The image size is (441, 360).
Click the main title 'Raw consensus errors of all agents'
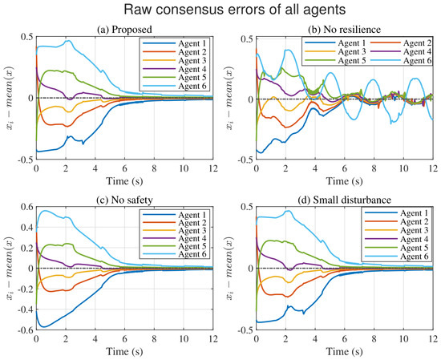tap(235, 10)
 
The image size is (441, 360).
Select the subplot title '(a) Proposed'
tap(124, 29)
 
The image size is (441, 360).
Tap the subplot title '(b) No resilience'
tap(344, 29)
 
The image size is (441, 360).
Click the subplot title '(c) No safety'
tap(124, 200)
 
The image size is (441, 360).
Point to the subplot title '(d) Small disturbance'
tap(344, 200)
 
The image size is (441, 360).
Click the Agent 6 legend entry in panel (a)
tap(174, 86)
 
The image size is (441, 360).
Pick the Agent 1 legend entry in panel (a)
tap(174, 43)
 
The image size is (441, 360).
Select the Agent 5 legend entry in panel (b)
tap(335, 60)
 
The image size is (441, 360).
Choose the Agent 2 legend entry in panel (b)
tap(401, 43)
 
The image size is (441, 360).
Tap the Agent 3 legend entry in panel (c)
tap(174, 231)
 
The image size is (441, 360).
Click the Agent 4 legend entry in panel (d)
tap(396, 239)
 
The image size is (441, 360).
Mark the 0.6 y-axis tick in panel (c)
tap(27, 206)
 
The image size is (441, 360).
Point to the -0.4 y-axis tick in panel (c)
tap(26, 309)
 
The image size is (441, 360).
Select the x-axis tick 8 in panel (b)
tap(374, 168)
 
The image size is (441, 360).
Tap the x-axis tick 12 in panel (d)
tap(433, 339)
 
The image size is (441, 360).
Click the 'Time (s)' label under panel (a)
tap(124, 181)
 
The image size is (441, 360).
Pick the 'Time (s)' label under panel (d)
tap(344, 351)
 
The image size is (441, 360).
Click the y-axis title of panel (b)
tap(230, 98)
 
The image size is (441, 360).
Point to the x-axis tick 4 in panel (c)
tap(95, 339)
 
